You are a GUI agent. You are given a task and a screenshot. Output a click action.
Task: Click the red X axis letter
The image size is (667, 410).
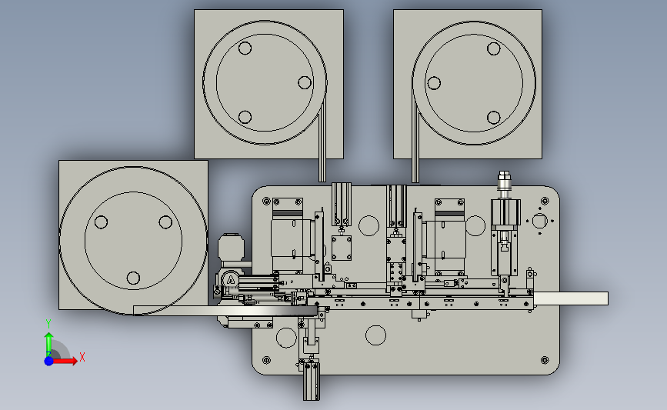82,357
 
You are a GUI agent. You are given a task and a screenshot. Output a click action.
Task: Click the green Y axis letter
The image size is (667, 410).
48,324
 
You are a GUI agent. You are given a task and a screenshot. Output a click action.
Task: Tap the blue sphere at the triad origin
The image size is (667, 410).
49,361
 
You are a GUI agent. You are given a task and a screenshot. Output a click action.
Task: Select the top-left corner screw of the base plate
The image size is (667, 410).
267,201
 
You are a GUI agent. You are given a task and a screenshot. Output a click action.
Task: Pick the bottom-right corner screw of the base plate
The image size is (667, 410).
545,360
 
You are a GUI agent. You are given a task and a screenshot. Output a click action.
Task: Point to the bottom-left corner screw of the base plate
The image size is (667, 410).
267,360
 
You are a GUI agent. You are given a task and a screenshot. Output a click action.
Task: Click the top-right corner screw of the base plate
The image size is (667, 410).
545,201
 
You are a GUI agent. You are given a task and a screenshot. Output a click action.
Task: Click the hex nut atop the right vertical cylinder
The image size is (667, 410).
504,175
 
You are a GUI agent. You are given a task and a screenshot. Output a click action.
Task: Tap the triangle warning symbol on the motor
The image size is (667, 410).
230,280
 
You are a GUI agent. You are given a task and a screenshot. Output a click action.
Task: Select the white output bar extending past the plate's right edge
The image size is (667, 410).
571,298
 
